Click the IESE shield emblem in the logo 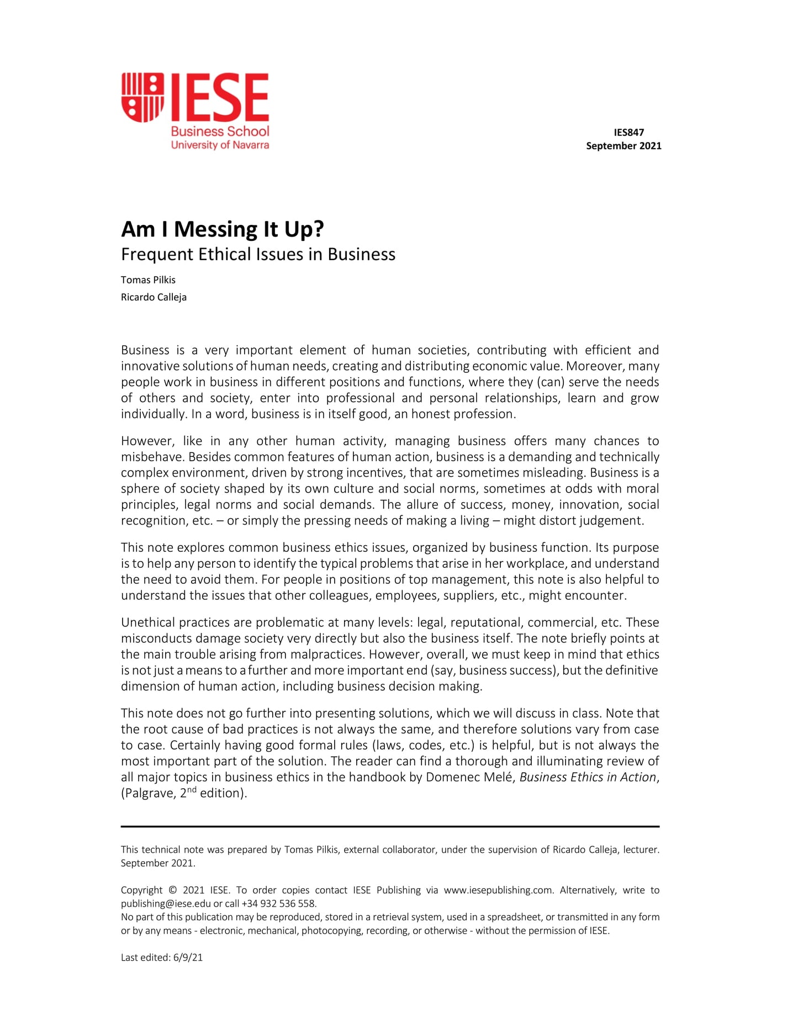click(x=143, y=97)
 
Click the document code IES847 click(x=628, y=133)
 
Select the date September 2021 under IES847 click(x=623, y=146)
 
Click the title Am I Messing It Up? click(x=223, y=229)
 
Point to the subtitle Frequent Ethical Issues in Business click(x=258, y=254)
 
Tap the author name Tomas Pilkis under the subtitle click(x=148, y=280)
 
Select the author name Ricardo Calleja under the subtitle click(x=154, y=297)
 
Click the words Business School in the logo click(x=220, y=131)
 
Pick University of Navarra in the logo click(x=220, y=145)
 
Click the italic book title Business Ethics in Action click(x=588, y=777)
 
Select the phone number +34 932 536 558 click(x=279, y=904)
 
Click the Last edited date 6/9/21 click(x=188, y=957)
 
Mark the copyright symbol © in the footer click(x=173, y=890)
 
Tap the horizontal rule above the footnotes click(x=390, y=826)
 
